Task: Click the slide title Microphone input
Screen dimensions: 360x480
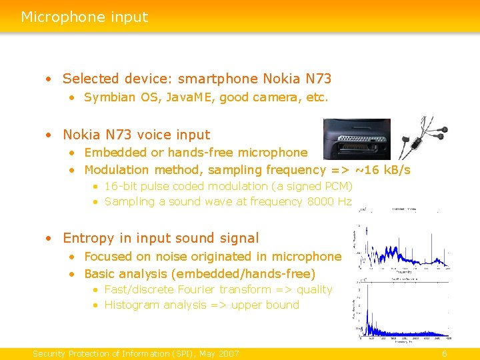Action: pyautogui.click(x=84, y=17)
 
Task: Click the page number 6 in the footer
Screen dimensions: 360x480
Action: pyautogui.click(x=444, y=353)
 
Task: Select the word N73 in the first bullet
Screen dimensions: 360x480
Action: pyautogui.click(x=317, y=79)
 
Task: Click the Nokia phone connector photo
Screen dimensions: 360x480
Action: pyautogui.click(x=356, y=139)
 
